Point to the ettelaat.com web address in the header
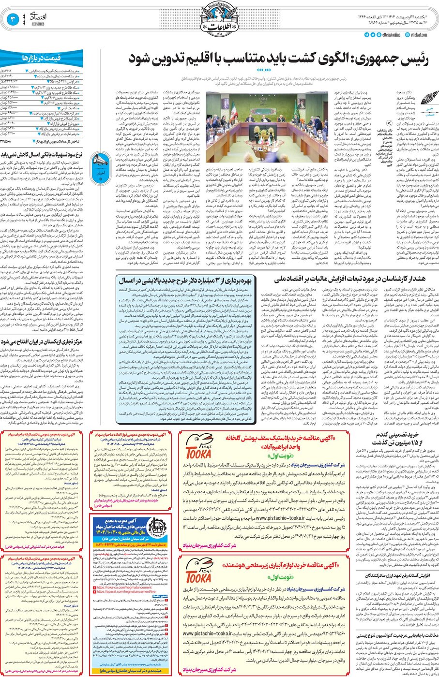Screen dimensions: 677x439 421,35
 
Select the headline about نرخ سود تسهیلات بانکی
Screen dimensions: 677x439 42,155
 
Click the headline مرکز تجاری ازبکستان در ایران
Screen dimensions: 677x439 42,341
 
